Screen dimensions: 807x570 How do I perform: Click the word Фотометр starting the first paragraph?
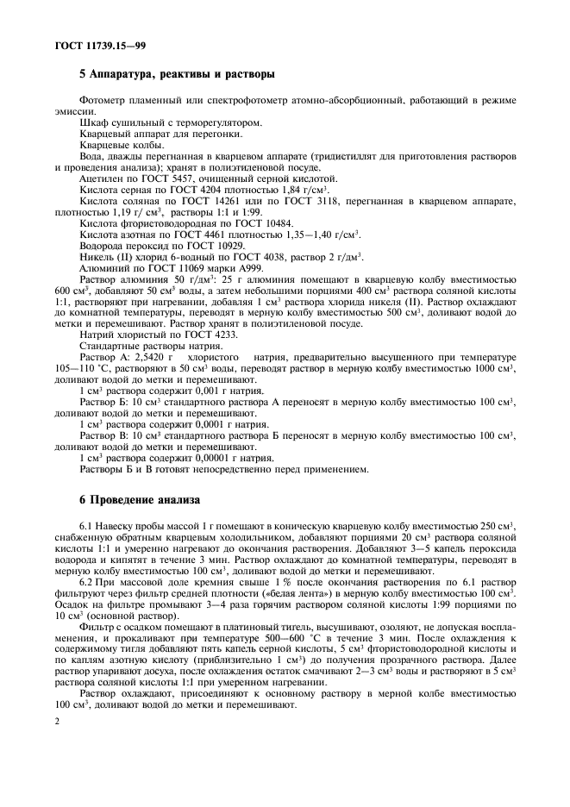(102, 103)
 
